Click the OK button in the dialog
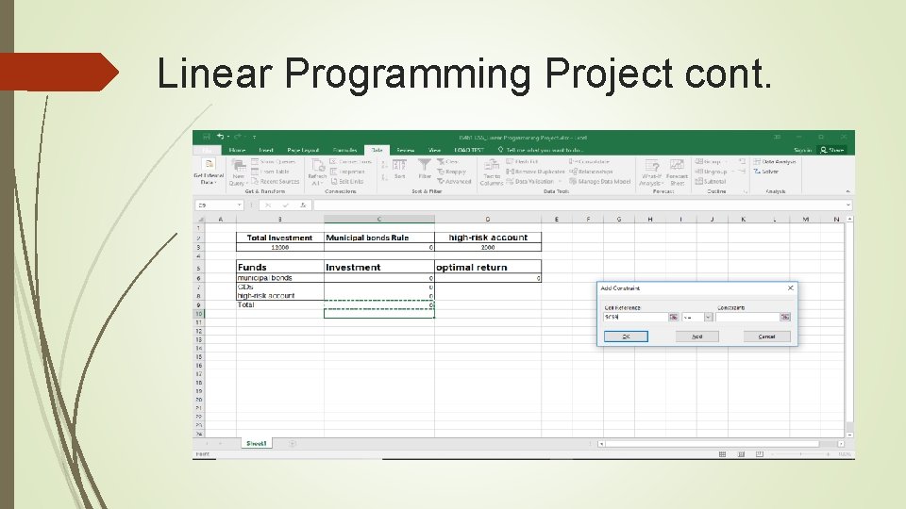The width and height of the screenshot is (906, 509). tap(625, 337)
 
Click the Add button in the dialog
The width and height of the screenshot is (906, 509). tap(696, 337)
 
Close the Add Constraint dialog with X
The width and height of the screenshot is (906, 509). tap(790, 287)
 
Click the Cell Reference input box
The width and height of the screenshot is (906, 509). tap(634, 318)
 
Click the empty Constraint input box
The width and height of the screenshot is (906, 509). tap(747, 318)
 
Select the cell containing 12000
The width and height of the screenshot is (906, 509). tap(279, 247)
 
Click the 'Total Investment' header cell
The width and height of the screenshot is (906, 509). tap(279, 238)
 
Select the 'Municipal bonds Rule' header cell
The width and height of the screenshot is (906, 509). tap(368, 238)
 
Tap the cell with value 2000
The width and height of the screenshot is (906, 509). tap(487, 247)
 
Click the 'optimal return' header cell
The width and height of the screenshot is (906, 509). tap(472, 268)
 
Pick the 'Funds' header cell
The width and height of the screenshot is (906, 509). tap(253, 268)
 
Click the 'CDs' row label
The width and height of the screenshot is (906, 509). tap(246, 287)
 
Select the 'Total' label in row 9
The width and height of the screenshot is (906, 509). tap(246, 304)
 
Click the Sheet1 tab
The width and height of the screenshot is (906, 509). tap(256, 443)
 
